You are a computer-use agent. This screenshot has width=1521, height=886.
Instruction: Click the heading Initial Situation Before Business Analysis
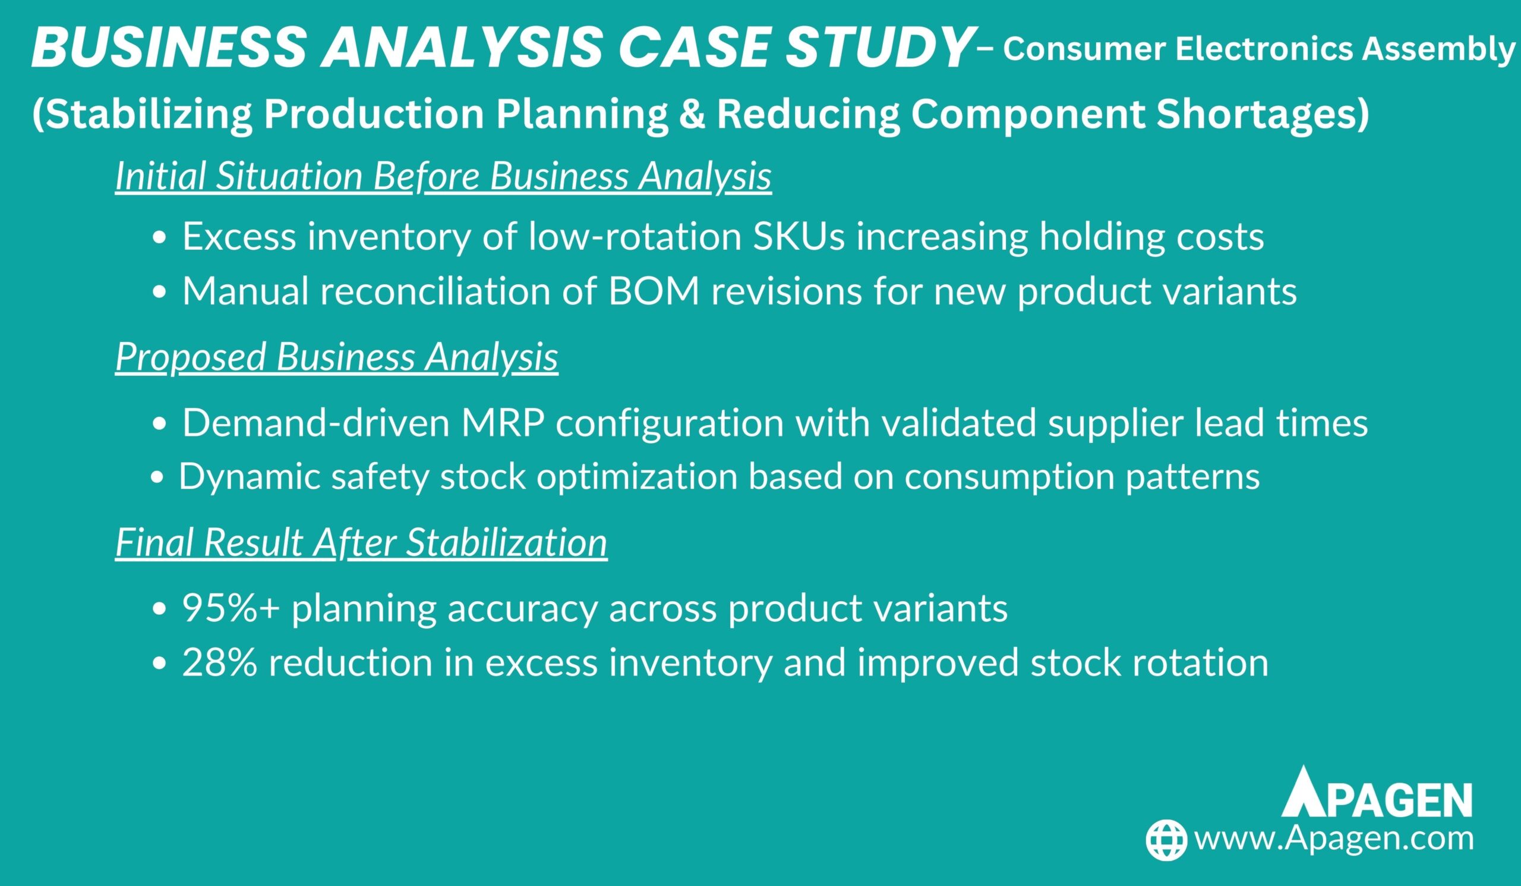443,176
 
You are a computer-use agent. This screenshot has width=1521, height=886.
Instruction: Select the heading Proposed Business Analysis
336,356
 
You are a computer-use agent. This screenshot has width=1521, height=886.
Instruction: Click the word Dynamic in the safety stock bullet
250,477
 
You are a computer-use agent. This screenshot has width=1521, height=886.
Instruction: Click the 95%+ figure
231,608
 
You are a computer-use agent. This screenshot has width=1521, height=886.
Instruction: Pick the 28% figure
220,662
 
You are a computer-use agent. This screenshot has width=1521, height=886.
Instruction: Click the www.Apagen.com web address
1334,840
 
